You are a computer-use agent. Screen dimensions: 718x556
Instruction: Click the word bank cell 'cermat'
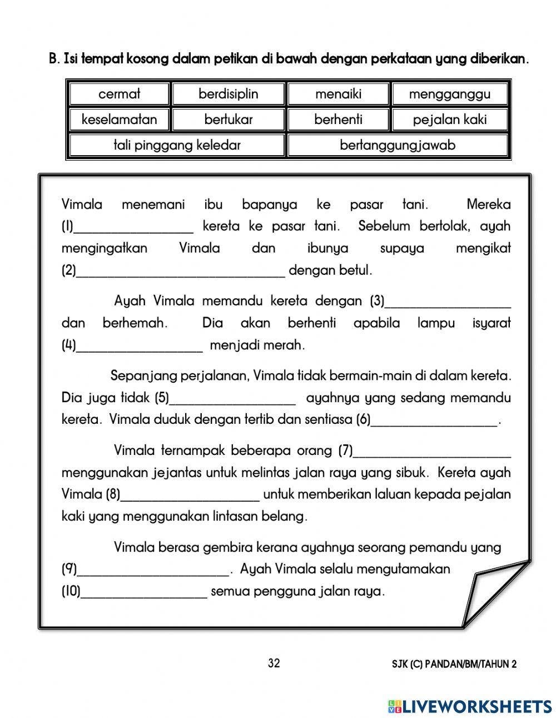click(119, 94)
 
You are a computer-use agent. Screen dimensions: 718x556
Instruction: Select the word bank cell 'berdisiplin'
click(229, 94)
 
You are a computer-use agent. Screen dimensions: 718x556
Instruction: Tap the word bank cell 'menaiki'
click(338, 94)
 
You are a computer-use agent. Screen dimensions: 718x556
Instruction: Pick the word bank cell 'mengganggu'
click(449, 94)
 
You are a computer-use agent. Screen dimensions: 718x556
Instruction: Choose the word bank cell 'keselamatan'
click(119, 120)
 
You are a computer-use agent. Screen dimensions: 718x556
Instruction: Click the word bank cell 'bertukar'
click(229, 120)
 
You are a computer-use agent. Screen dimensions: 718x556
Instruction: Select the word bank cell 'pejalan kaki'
click(449, 120)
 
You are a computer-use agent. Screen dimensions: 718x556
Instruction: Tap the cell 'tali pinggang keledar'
click(177, 145)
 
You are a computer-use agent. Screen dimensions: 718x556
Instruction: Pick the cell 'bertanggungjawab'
click(397, 145)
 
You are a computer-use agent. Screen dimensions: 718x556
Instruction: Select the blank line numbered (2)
click(181, 273)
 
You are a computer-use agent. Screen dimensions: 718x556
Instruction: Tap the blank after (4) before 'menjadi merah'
click(139, 348)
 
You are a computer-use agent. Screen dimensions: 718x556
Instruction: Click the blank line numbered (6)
click(434, 422)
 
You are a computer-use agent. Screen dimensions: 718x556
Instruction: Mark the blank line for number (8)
click(190, 497)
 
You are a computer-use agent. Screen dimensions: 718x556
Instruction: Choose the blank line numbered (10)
click(144, 594)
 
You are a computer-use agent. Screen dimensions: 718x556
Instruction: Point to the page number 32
click(274, 663)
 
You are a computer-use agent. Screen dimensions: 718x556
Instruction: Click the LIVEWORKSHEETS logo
click(470, 706)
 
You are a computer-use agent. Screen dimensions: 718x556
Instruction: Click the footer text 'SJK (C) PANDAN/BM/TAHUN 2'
click(454, 664)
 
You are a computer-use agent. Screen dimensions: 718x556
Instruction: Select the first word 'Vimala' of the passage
click(82, 205)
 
